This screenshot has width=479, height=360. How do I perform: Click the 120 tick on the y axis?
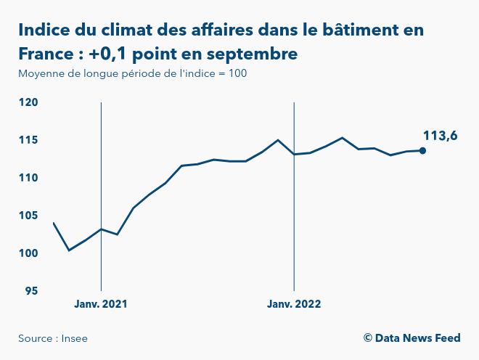coord(28,102)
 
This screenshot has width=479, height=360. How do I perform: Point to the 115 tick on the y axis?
coord(28,140)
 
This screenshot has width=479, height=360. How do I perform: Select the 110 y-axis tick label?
coord(28,178)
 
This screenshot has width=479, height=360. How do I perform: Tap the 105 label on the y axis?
coord(28,216)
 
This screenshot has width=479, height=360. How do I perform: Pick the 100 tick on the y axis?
coord(28,253)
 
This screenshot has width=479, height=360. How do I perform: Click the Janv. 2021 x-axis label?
coord(100,304)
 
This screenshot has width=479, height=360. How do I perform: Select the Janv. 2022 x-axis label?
coord(293,304)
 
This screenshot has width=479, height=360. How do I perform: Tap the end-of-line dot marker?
coord(422,151)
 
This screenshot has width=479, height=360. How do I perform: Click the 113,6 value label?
coord(440,135)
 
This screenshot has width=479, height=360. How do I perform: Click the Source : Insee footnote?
coord(52,338)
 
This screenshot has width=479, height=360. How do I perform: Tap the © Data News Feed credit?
coord(412,338)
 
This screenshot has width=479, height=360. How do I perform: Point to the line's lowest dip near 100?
coord(69,250)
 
